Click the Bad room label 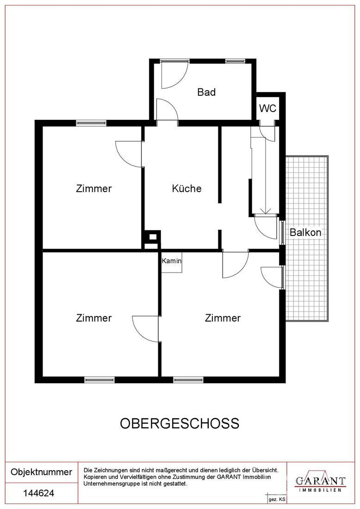[x=206, y=92]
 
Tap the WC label [x=267, y=109]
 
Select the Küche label [x=186, y=189]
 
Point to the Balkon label [x=305, y=233]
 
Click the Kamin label [x=171, y=261]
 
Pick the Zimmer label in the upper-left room [x=94, y=189]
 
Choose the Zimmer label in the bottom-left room [x=94, y=318]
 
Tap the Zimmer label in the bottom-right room [x=223, y=318]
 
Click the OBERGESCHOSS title [x=180, y=423]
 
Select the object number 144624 [x=38, y=494]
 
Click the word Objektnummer [x=41, y=472]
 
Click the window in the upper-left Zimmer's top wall [x=91, y=123]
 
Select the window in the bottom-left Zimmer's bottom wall [x=99, y=379]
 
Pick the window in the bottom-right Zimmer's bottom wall [x=188, y=379]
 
